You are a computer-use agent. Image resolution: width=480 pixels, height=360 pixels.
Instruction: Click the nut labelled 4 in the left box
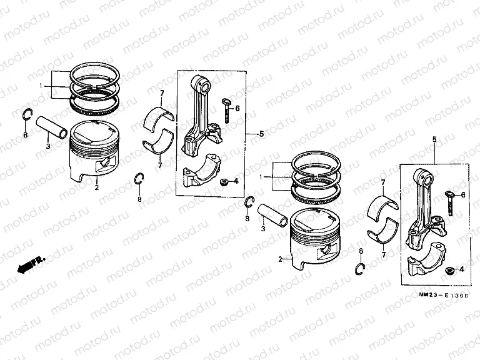[x=222, y=182]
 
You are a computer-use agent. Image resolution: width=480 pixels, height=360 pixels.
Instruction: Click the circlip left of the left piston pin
[x=26, y=114]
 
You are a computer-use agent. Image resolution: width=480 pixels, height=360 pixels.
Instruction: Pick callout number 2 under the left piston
[x=96, y=187]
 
